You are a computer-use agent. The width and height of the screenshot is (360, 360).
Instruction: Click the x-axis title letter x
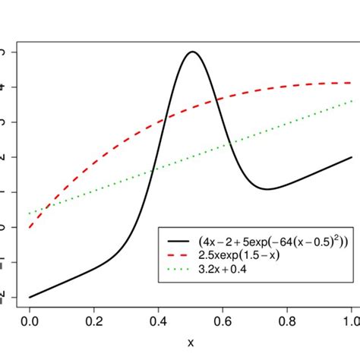pyautogui.click(x=191, y=343)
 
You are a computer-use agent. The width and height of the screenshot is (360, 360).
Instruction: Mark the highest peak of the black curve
pyautogui.click(x=192, y=52)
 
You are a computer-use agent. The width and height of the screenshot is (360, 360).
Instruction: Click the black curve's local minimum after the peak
pyautogui.click(x=267, y=189)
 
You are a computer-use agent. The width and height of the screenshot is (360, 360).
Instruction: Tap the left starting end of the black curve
pyautogui.click(x=30, y=297)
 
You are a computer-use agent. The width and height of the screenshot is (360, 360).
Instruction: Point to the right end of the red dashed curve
pyautogui.click(x=351, y=83)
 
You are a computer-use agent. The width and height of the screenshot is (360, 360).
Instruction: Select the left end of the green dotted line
pyautogui.click(x=30, y=213)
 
